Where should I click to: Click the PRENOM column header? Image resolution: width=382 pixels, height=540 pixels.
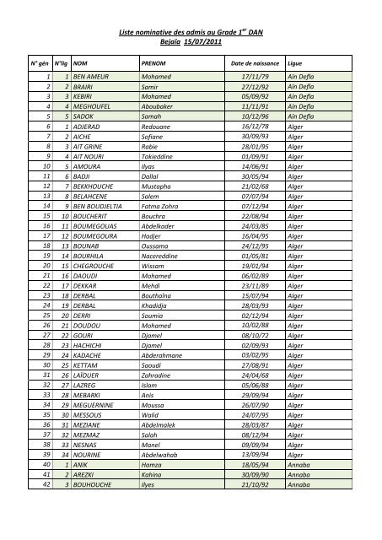[153, 62]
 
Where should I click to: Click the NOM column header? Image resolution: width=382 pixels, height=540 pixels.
[82, 62]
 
